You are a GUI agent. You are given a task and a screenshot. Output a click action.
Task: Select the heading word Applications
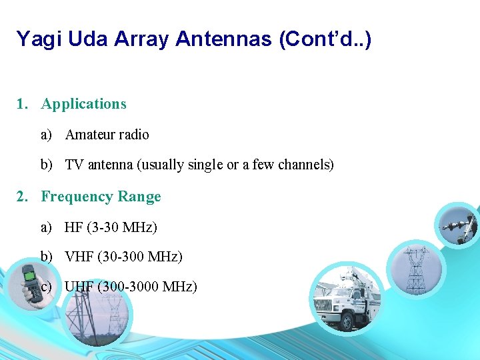pyautogui.click(x=83, y=104)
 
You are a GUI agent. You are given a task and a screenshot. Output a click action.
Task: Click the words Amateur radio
pyautogui.click(x=107, y=135)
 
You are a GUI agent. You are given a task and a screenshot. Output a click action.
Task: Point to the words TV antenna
pyautogui.click(x=99, y=165)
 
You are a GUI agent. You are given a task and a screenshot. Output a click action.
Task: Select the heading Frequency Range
pyautogui.click(x=101, y=197)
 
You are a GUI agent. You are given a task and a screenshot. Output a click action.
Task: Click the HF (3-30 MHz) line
pyautogui.click(x=111, y=227)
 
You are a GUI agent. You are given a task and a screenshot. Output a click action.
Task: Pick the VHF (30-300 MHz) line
pyautogui.click(x=123, y=257)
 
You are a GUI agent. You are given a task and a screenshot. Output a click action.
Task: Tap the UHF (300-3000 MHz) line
pyautogui.click(x=131, y=287)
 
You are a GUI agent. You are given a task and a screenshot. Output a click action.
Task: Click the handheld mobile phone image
pyautogui.click(x=31, y=284)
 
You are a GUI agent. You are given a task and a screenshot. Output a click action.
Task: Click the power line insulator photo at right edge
pyautogui.click(x=459, y=225)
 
